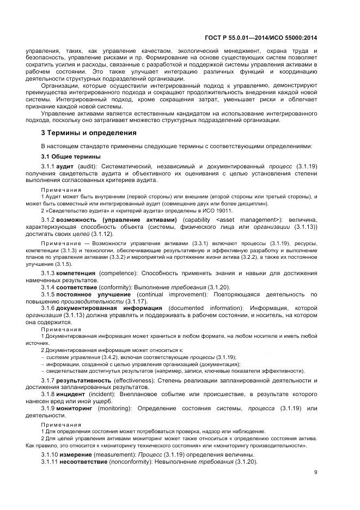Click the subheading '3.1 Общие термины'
tap(70, 156)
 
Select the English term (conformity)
tap(114, 287)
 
